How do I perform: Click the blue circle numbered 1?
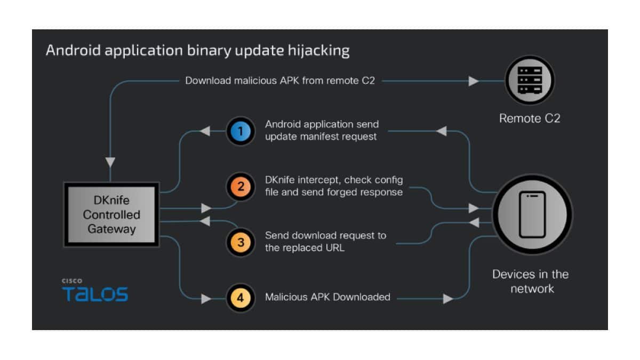(x=241, y=131)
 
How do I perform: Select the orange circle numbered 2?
(x=241, y=186)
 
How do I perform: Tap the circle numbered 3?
(x=241, y=242)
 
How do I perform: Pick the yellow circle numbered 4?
(x=241, y=298)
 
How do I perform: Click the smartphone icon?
(x=532, y=214)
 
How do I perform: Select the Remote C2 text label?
(x=530, y=118)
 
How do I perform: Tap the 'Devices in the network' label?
(x=530, y=281)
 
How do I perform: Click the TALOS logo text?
(x=95, y=294)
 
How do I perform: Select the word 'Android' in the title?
(x=69, y=51)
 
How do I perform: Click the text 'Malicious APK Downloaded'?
(x=327, y=297)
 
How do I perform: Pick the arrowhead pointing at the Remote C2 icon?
(x=473, y=81)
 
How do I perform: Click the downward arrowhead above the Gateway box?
(x=110, y=162)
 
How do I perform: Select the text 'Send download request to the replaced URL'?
(x=325, y=241)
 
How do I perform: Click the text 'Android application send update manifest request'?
(x=322, y=130)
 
